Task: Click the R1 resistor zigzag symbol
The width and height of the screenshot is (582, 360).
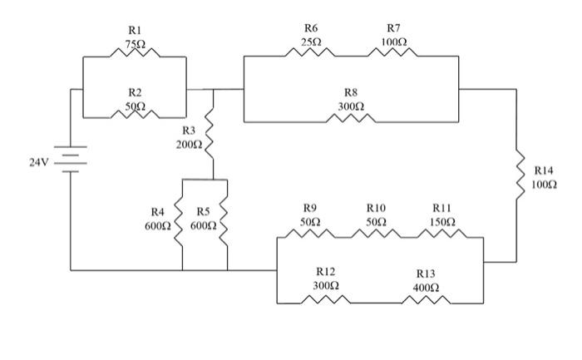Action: pyautogui.click(x=135, y=52)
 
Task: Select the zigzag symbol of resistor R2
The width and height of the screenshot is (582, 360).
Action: pyautogui.click(x=135, y=114)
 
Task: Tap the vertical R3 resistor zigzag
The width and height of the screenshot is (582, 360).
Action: pyautogui.click(x=210, y=134)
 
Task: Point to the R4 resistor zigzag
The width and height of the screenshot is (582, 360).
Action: pyautogui.click(x=179, y=221)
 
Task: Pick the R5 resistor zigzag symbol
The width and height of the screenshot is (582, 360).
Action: pyautogui.click(x=224, y=221)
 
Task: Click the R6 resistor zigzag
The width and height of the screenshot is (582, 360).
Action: pyautogui.click(x=310, y=52)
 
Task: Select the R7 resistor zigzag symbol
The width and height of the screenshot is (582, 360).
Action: pyautogui.click(x=392, y=52)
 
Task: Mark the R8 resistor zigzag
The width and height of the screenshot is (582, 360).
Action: pyautogui.click(x=351, y=118)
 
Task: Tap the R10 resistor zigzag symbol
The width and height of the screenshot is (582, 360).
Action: pyautogui.click(x=376, y=234)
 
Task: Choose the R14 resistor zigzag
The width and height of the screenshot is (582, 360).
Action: pyautogui.click(x=520, y=175)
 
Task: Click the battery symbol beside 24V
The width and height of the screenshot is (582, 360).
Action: pyautogui.click(x=71, y=160)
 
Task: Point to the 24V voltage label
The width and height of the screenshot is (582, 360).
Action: pyautogui.click(x=38, y=162)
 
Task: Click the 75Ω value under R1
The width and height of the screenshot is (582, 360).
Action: pyautogui.click(x=135, y=44)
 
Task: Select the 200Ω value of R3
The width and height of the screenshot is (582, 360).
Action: pyautogui.click(x=189, y=145)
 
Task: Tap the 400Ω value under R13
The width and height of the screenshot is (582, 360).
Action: pyautogui.click(x=426, y=288)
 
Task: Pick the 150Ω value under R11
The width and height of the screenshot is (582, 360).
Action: pyautogui.click(x=442, y=222)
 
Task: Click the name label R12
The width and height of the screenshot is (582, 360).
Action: pyautogui.click(x=326, y=272)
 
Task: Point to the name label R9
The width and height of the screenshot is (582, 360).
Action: pyautogui.click(x=310, y=208)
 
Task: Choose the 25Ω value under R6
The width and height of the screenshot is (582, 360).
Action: pyautogui.click(x=311, y=42)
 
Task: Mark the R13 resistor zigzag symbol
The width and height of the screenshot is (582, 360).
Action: pyautogui.click(x=426, y=299)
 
